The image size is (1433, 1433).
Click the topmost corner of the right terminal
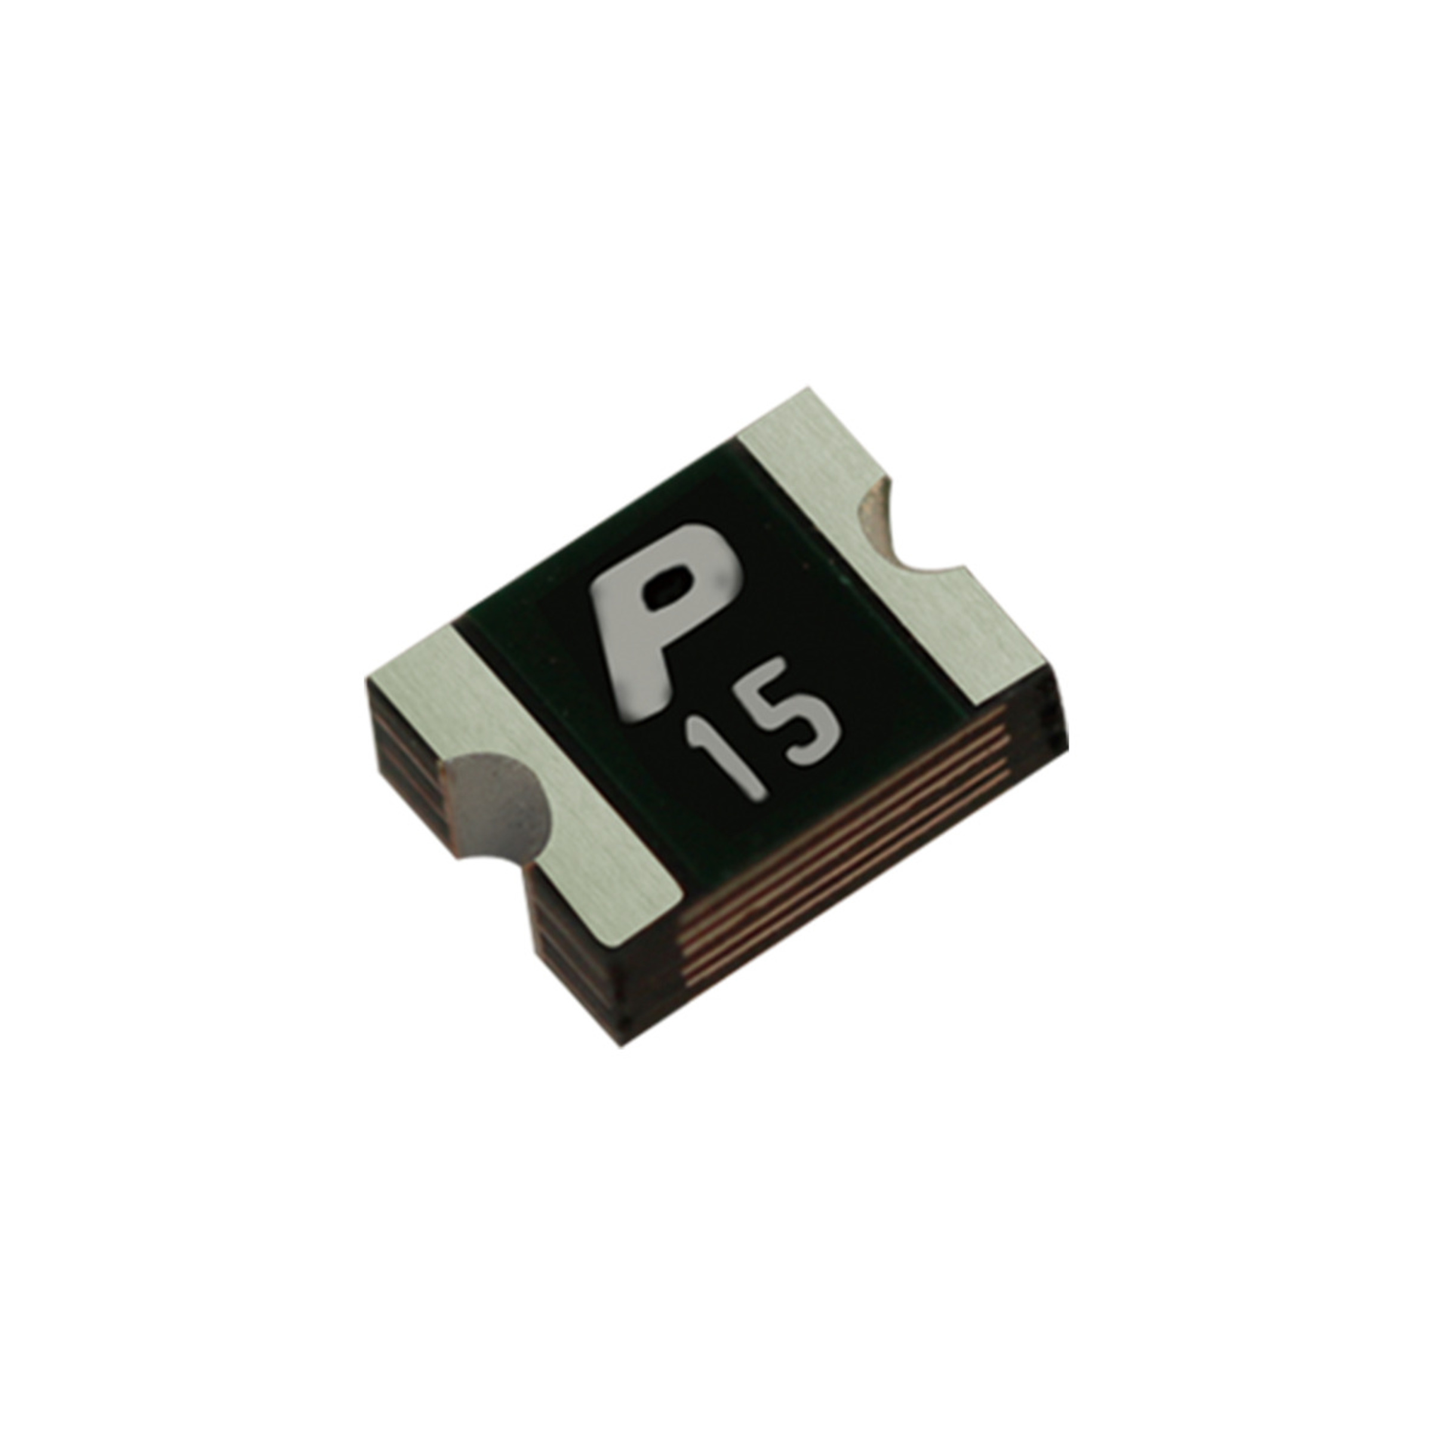(x=808, y=389)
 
